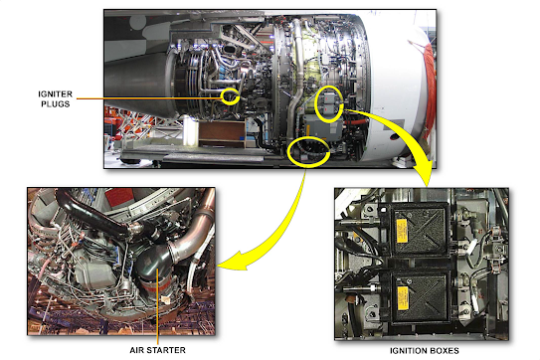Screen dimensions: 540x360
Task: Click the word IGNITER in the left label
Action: click(x=55, y=94)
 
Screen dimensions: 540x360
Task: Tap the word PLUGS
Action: click(x=56, y=104)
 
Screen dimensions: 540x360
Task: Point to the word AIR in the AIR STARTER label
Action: click(x=136, y=350)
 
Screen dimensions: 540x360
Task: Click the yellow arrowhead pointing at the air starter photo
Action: click(x=229, y=263)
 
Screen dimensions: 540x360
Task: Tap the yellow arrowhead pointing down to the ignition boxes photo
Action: click(x=426, y=175)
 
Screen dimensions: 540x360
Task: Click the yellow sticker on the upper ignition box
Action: click(x=402, y=230)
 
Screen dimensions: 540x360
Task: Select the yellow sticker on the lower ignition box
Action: click(x=403, y=298)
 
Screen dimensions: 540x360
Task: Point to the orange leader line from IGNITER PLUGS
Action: click(x=150, y=98)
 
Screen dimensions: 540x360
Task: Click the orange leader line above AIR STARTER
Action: click(x=158, y=306)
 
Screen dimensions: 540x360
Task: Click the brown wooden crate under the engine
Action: click(x=222, y=132)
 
